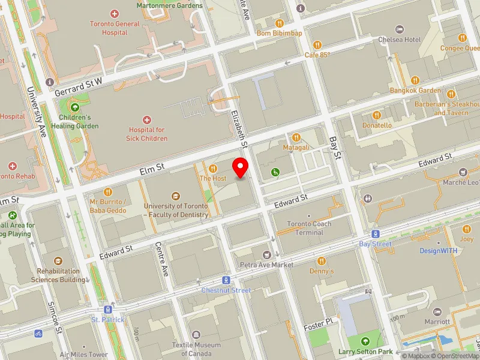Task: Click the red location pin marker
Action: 241,168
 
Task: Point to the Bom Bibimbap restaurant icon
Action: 279,23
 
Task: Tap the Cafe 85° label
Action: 317,55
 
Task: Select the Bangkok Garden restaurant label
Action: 415,90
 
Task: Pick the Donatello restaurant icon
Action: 377,115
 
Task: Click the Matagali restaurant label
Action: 296,147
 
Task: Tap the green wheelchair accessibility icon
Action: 275,172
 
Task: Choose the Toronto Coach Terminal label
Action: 309,228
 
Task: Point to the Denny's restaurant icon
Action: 322,261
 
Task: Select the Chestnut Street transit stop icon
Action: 226,280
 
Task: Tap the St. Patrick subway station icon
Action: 108,310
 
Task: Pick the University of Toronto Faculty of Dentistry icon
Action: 175,196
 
